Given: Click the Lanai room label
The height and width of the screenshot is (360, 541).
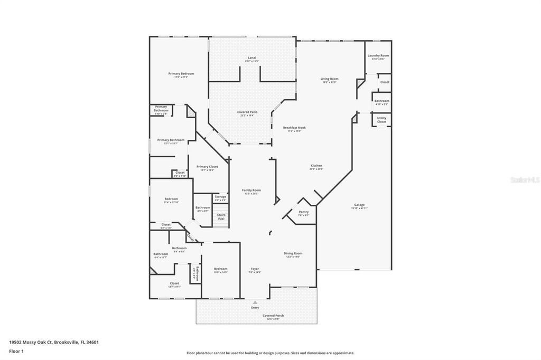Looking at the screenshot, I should tap(252, 58).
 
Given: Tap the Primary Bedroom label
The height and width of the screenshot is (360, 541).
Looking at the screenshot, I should tap(181, 74).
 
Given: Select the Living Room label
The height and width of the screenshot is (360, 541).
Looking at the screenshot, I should tap(329, 79).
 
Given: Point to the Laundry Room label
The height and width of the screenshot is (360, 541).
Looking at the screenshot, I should tap(378, 55).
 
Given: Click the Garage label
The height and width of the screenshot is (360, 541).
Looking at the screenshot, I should tap(359, 205).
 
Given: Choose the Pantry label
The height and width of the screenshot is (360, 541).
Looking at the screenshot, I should tap(304, 212).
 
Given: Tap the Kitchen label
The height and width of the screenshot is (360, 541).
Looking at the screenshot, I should tap(316, 166).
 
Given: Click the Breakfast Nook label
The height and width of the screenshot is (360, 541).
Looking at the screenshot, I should tap(294, 128).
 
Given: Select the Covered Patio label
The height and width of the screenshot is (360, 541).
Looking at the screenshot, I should tap(247, 112).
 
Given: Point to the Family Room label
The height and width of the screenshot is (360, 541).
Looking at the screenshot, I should tap(251, 190).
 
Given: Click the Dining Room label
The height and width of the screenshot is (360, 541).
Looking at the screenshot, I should tap(293, 253).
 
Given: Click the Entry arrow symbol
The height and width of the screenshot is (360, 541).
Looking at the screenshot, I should tap(255, 302).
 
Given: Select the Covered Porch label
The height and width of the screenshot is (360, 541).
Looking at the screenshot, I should tap(273, 316).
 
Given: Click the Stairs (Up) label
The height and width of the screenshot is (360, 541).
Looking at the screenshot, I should tap(221, 216).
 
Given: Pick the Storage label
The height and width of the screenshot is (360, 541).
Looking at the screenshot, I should tap(220, 197).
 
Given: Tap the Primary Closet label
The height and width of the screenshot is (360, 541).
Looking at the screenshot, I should tap(207, 167).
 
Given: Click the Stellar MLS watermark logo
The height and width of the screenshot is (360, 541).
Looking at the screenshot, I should tap(525, 180).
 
